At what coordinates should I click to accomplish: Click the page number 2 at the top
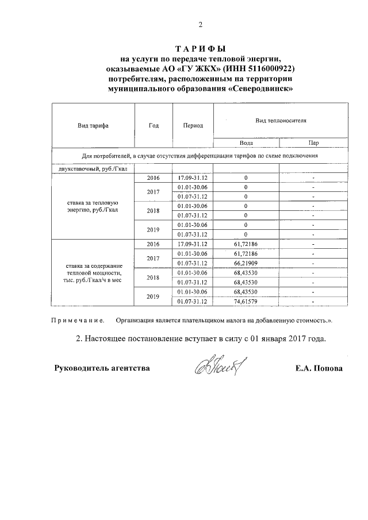point(201,24)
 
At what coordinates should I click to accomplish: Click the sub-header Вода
point(246,142)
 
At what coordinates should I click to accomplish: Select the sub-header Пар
point(313,142)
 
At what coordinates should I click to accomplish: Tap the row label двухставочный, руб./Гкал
point(93,168)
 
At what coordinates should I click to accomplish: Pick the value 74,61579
point(246,301)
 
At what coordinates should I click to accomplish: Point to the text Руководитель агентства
point(102,368)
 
